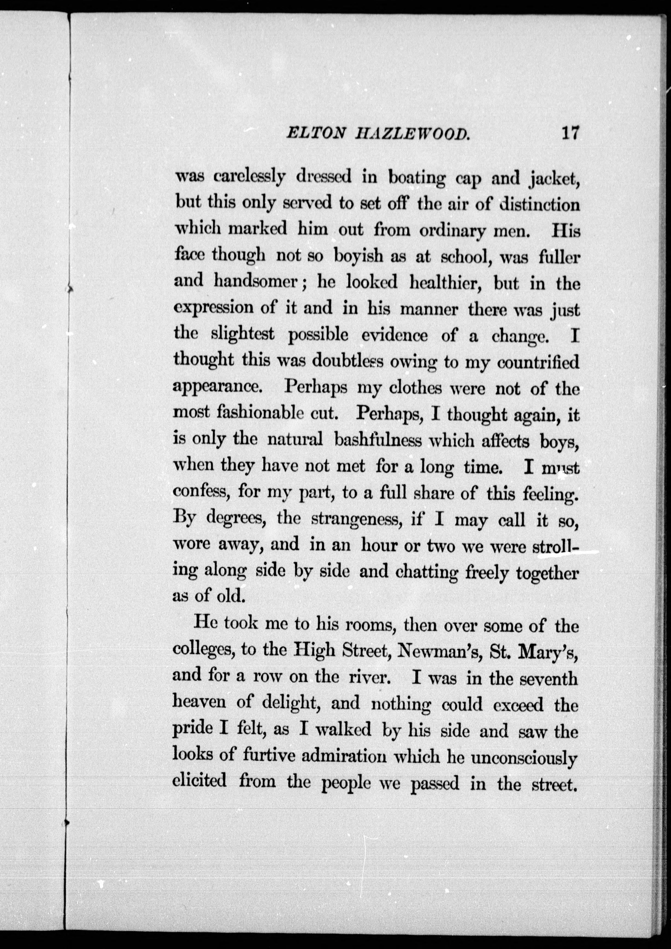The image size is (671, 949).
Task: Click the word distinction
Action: coord(539,205)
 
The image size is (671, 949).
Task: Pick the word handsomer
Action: coord(256,282)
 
